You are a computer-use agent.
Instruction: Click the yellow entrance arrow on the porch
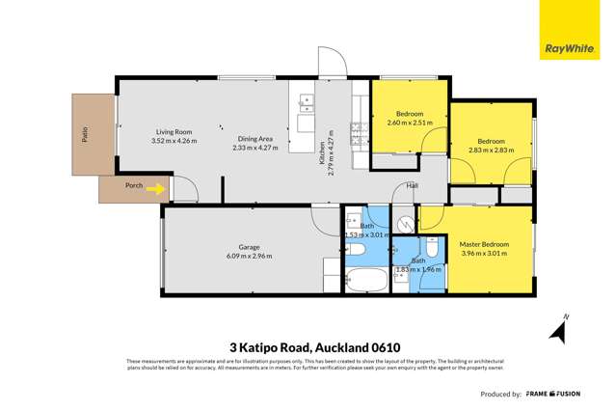[x=153, y=190]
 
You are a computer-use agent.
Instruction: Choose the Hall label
[x=413, y=185]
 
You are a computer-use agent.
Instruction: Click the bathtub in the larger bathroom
[x=365, y=282]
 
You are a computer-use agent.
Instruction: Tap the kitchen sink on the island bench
[x=307, y=98]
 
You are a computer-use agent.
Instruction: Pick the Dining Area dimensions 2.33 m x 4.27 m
[x=254, y=148]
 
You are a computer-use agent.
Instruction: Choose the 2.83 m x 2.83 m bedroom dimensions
[x=492, y=151]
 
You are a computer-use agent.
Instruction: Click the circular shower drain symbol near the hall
[x=405, y=221]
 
